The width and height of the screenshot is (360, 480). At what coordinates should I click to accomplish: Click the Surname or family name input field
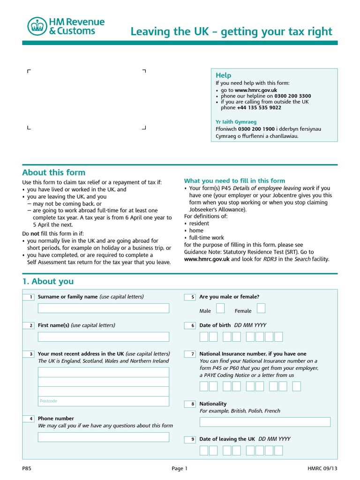tap(103, 308)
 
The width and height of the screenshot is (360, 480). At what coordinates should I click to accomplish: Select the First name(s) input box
tap(103, 337)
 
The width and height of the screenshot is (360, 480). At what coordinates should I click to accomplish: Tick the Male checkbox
tap(220, 308)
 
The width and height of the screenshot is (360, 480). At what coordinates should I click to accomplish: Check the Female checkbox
tap(261, 308)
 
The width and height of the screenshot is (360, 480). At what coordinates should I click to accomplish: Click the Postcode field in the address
tap(103, 401)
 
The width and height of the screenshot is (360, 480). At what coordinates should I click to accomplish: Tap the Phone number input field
tap(103, 437)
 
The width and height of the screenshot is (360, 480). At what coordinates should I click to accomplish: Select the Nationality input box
tap(265, 422)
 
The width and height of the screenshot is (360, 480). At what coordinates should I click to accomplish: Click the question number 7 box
tap(190, 354)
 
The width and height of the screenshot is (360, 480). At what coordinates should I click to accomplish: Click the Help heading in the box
tap(223, 75)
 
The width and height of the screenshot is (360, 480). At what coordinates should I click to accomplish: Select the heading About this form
tap(54, 172)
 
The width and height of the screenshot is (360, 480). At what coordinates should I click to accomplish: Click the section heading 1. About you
tap(48, 281)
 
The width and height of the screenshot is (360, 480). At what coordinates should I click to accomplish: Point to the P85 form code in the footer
tap(27, 468)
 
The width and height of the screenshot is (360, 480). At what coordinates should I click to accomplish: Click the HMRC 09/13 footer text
tap(322, 468)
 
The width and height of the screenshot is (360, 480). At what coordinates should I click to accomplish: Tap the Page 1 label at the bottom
tap(180, 468)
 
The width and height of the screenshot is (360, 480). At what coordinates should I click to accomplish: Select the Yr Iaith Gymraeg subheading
tap(236, 122)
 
